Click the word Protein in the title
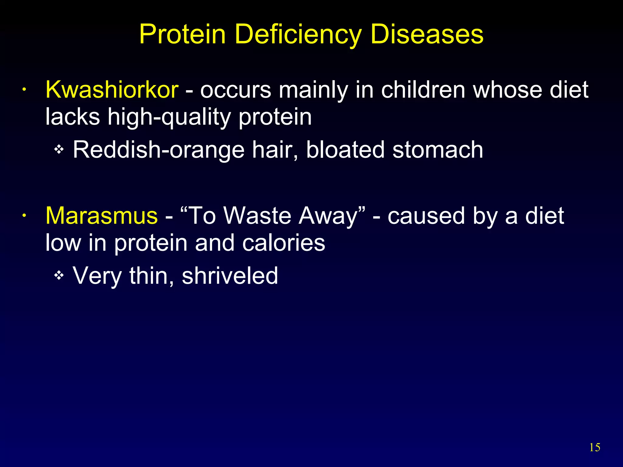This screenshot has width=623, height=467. tap(182, 34)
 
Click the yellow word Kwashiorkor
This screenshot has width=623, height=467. tap(112, 90)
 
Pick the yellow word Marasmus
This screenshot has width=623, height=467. tap(102, 216)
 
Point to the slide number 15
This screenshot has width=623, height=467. tap(595, 448)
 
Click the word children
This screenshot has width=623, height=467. tap(423, 90)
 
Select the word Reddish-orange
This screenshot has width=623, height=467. tap(158, 150)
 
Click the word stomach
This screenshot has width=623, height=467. tap(438, 150)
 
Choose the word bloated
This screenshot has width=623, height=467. tap(346, 150)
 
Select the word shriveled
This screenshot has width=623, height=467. tap(230, 275)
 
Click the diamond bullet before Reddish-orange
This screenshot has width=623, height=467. tap(59, 149)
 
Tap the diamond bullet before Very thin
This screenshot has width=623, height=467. tap(59, 275)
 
